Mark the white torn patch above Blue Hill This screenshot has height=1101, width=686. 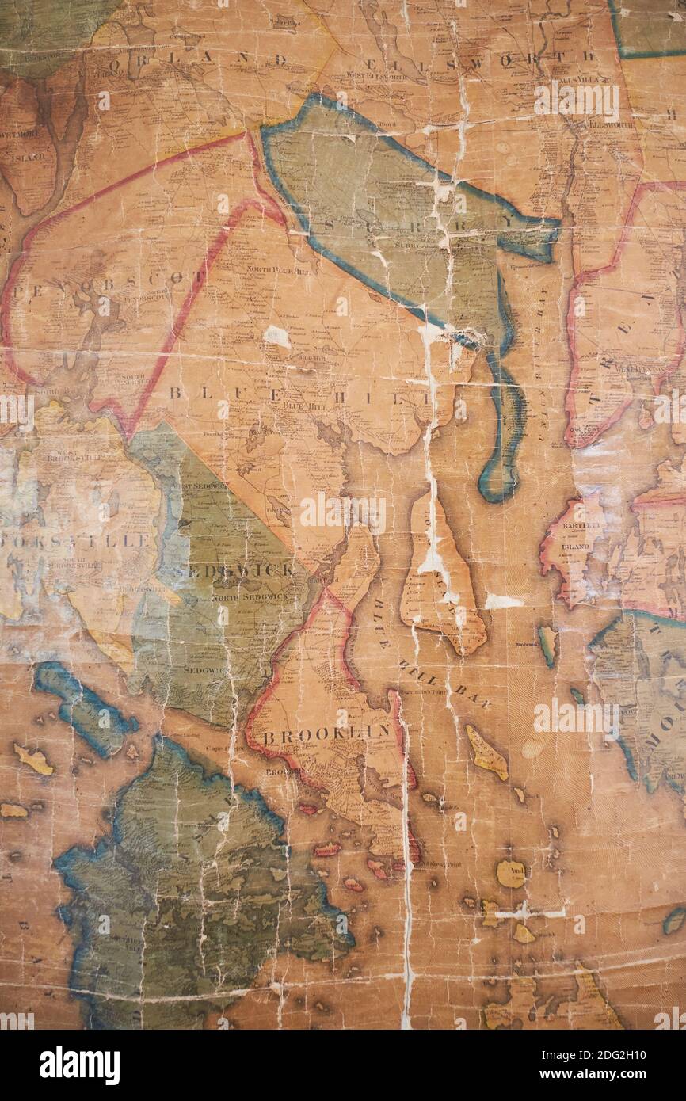276,337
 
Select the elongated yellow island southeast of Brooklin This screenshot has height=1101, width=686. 486,753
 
